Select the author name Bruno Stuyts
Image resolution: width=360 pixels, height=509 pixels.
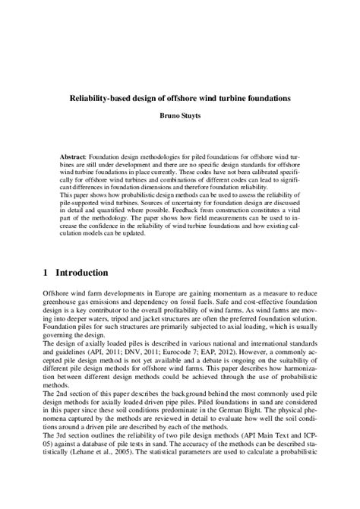click(179, 118)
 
